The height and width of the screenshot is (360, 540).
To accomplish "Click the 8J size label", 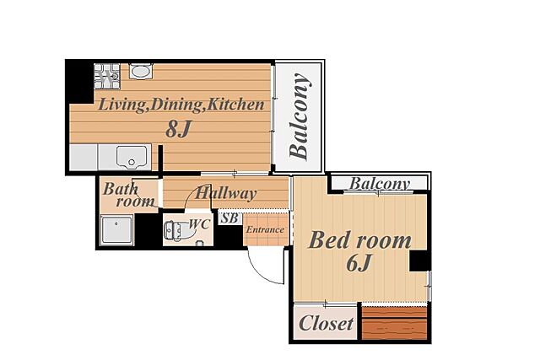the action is click(x=178, y=129).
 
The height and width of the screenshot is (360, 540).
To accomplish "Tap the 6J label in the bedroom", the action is click(x=359, y=264).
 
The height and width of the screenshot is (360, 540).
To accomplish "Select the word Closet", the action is click(x=327, y=324).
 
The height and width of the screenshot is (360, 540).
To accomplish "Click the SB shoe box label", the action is click(x=229, y=218).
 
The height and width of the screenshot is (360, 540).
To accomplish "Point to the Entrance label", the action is click(x=265, y=229).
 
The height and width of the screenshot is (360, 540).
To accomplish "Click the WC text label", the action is click(x=199, y=224).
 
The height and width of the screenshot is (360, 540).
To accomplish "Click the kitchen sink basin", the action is click(x=132, y=158).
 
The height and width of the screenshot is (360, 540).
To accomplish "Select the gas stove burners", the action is click(x=107, y=76).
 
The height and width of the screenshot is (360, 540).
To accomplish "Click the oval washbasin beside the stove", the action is click(x=141, y=72).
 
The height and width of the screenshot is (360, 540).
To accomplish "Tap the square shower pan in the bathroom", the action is click(x=116, y=229).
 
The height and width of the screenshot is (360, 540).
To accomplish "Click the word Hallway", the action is click(x=225, y=193).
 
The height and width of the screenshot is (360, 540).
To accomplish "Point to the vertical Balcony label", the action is click(x=300, y=116).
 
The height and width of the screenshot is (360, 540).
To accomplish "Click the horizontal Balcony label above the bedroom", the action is click(x=380, y=184).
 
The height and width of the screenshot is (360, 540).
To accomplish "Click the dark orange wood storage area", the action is click(x=394, y=324).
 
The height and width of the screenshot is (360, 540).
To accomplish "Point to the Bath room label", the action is click(x=129, y=195).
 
